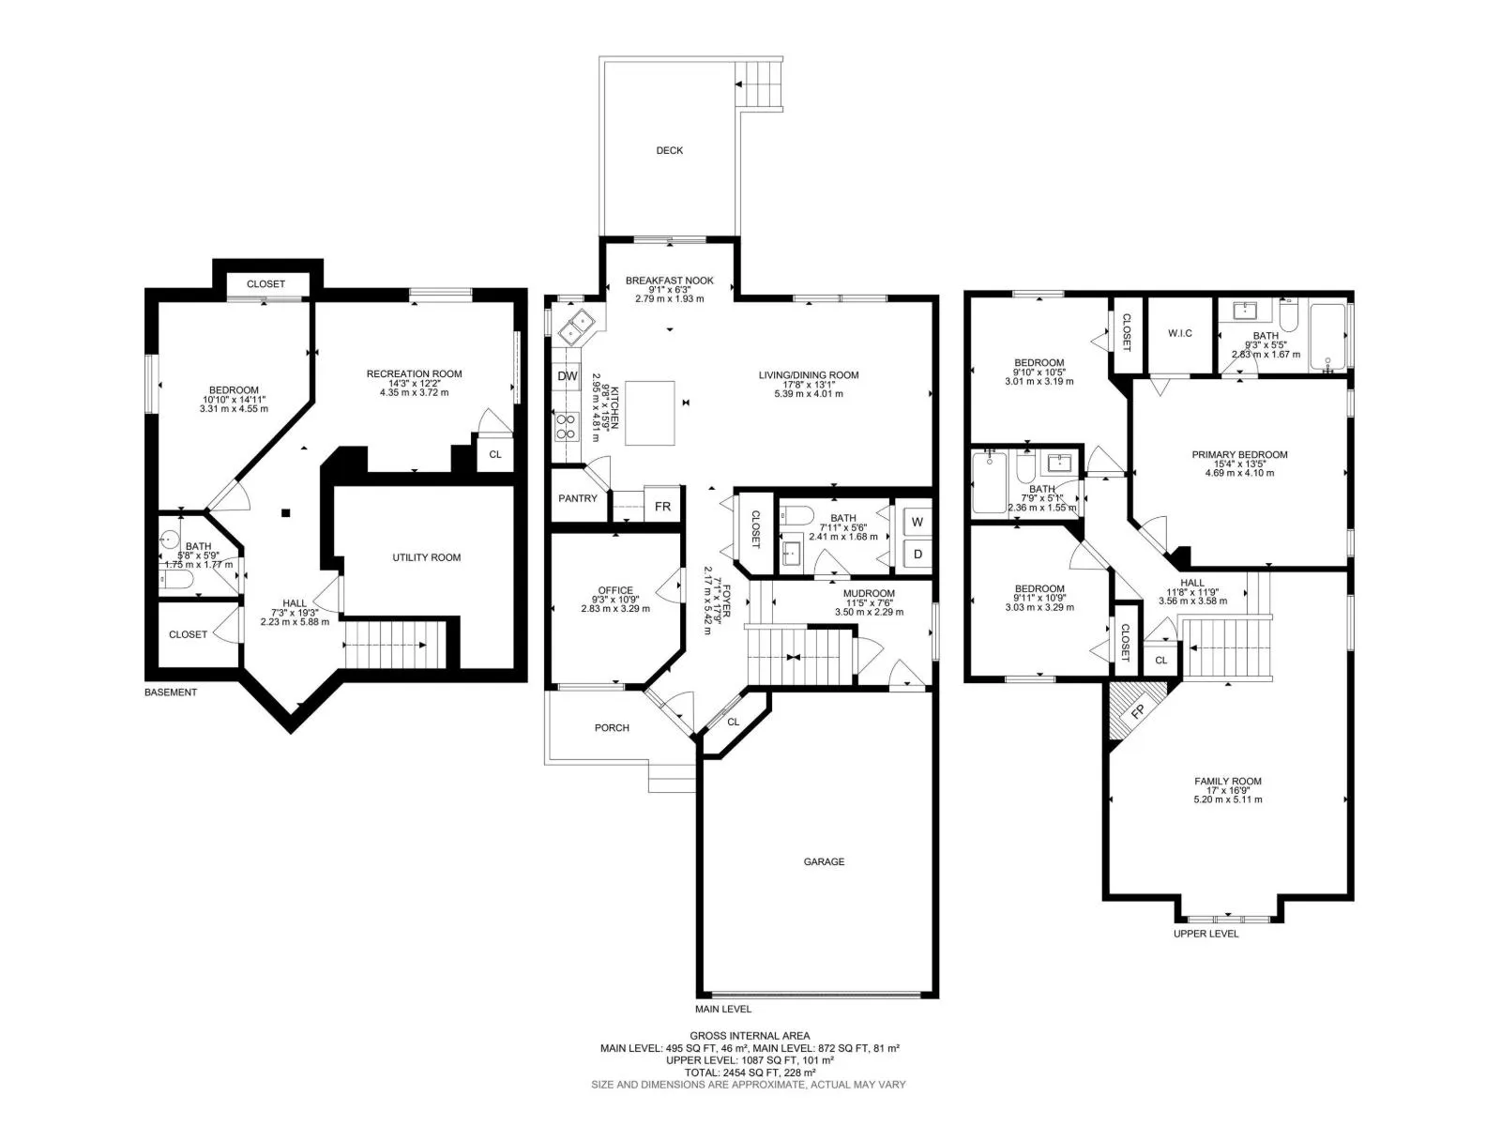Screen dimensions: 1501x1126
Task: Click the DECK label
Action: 669,150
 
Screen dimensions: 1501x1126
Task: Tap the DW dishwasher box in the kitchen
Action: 567,375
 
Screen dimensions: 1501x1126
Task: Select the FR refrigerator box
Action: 662,506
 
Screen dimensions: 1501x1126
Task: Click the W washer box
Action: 917,522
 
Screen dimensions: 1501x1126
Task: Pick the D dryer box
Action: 917,553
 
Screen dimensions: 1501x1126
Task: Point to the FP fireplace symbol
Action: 1136,711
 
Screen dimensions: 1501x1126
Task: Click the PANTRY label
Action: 577,498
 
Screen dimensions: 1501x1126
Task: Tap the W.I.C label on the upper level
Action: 1179,333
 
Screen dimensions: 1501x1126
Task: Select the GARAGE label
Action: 824,861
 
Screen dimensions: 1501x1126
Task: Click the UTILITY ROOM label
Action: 426,557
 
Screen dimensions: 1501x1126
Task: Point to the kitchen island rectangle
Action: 649,413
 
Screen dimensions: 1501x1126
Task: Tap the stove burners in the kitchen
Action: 567,426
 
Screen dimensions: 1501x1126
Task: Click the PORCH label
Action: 612,727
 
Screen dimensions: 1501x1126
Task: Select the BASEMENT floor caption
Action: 171,692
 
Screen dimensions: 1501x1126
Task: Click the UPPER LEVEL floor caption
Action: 1205,934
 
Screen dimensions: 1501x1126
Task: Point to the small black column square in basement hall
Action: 286,512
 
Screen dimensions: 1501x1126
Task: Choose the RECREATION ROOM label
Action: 414,374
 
